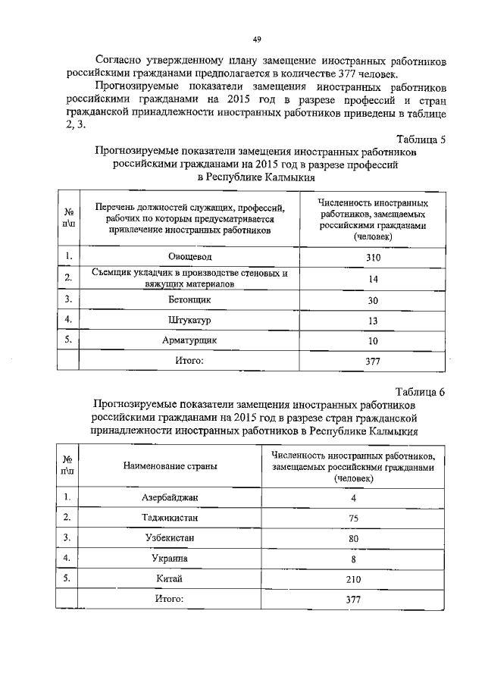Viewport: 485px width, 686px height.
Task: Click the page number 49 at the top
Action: click(x=257, y=40)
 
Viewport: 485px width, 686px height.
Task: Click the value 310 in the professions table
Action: click(x=371, y=258)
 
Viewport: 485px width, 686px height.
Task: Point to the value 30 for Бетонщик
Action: click(x=371, y=300)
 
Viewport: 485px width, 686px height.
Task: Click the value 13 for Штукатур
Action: click(x=371, y=321)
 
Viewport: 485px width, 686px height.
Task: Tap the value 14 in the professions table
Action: click(x=371, y=279)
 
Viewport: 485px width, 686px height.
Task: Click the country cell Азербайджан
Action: click(x=170, y=497)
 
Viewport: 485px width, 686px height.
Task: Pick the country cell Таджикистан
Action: click(x=170, y=518)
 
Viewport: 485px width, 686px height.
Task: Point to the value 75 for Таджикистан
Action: click(x=353, y=518)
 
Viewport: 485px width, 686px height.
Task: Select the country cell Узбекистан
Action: click(x=170, y=538)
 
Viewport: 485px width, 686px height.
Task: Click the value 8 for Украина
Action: click(x=353, y=559)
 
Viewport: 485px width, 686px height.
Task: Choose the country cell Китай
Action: click(x=170, y=579)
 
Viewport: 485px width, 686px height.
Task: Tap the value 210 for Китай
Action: click(x=353, y=580)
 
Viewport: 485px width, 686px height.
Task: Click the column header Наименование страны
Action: click(x=170, y=466)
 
